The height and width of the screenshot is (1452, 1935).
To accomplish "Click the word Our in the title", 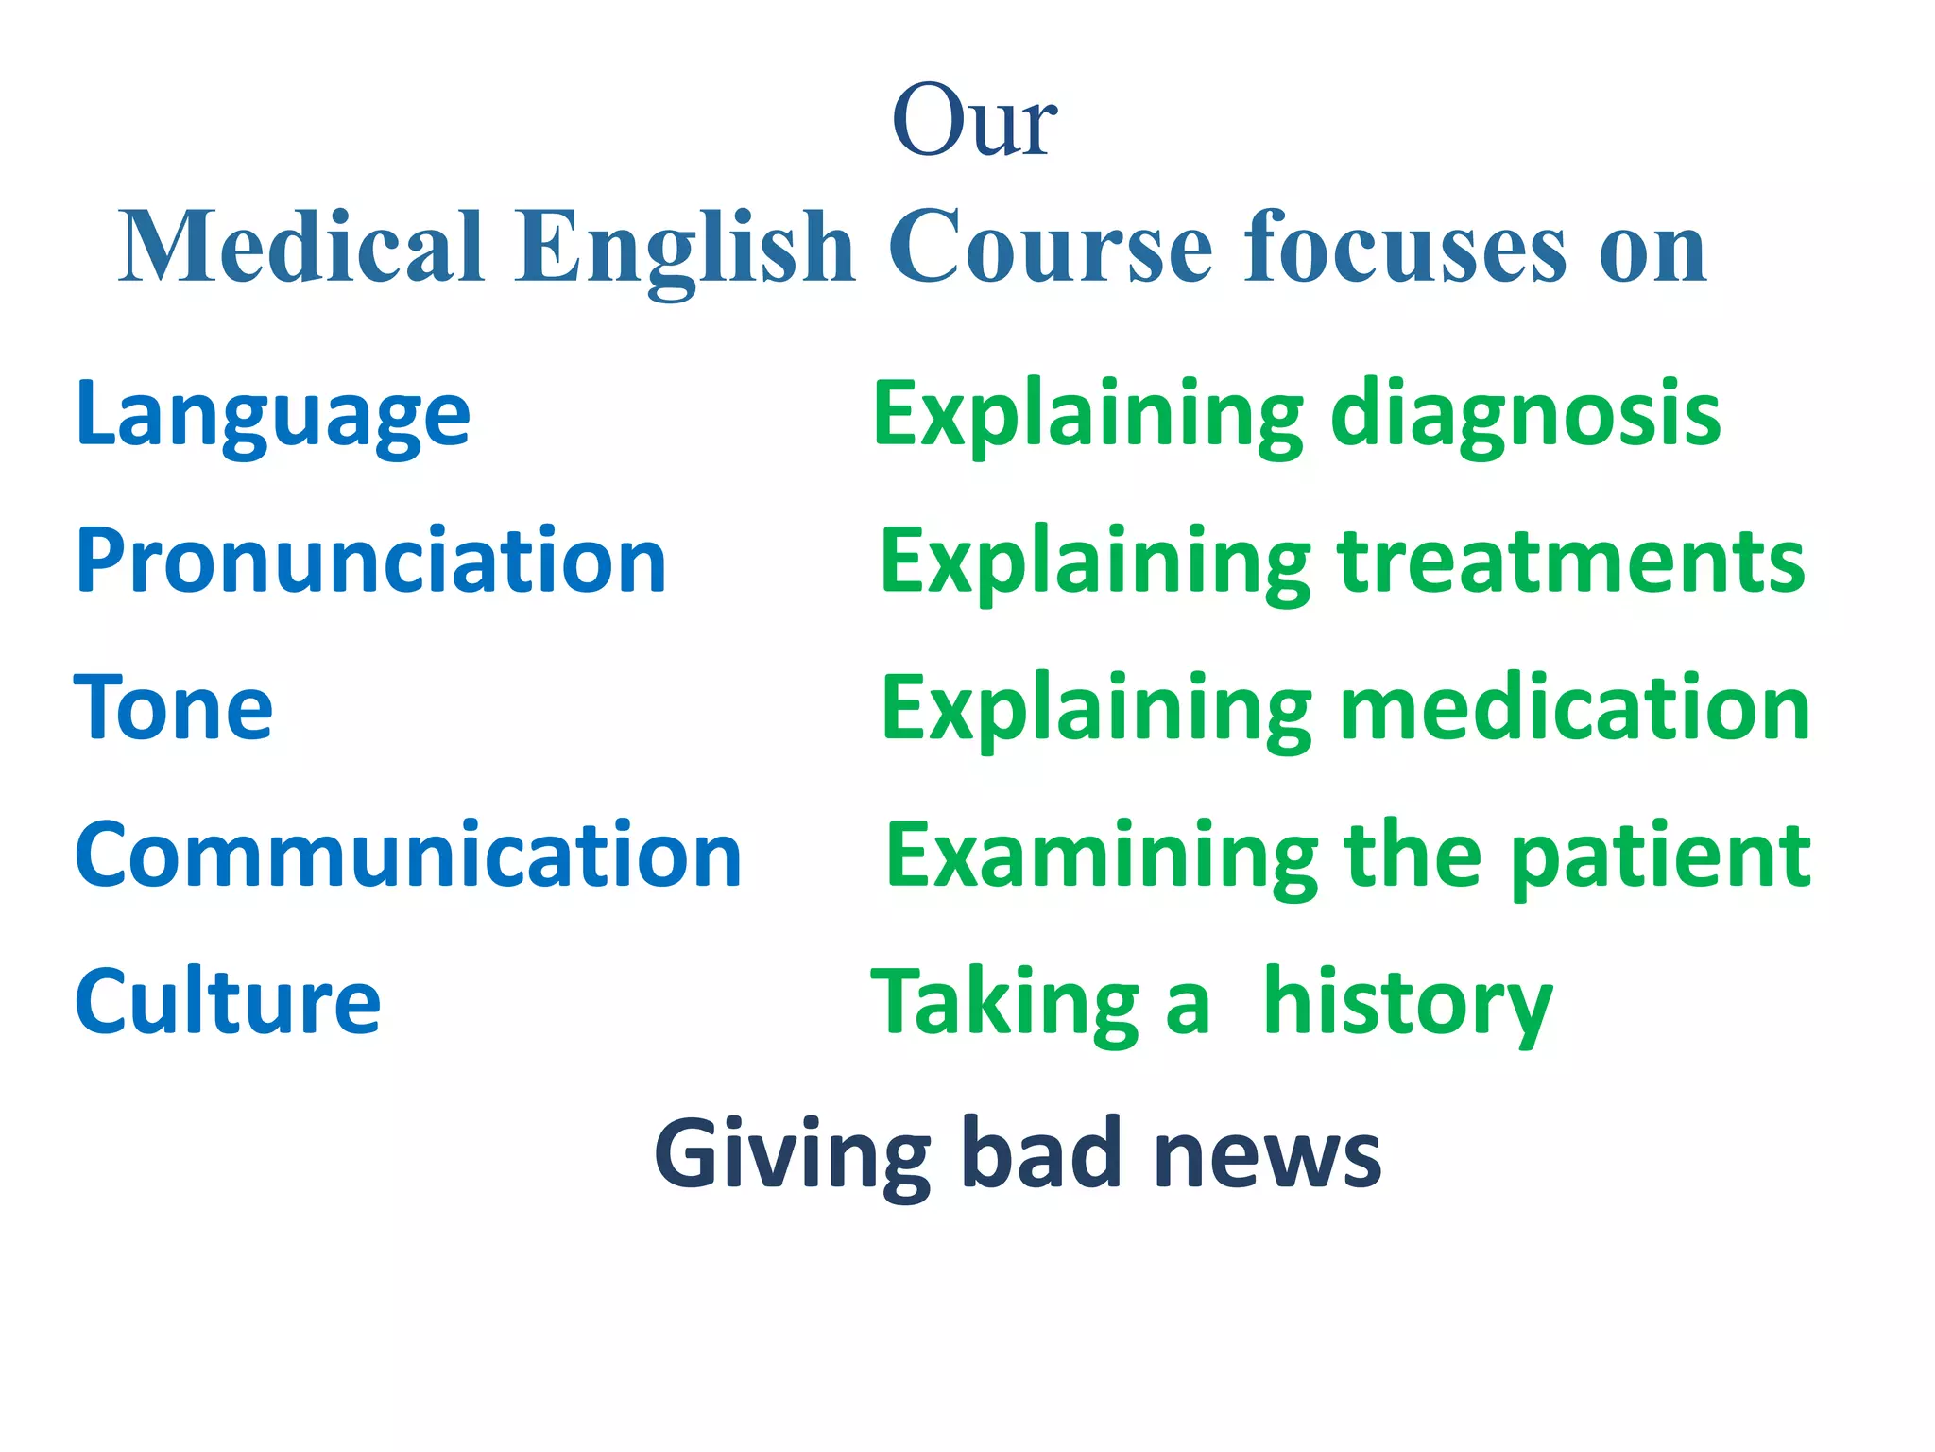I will (x=974, y=121).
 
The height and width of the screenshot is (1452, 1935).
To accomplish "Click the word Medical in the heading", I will (x=301, y=247).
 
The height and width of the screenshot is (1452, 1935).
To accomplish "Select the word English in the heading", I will (x=684, y=247).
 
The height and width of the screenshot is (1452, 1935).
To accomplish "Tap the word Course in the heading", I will (x=1050, y=247).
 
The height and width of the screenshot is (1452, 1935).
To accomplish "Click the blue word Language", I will (x=273, y=416).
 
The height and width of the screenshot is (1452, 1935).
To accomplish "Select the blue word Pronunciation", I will (x=371, y=562).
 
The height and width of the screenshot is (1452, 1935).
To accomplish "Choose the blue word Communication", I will (x=408, y=855).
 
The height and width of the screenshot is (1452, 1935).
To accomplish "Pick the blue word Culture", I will (x=228, y=1001).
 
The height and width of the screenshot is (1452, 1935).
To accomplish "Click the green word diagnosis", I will (x=1526, y=416).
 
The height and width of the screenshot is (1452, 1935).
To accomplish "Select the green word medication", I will (x=1575, y=708).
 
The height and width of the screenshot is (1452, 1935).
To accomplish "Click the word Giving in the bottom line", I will (x=793, y=1154).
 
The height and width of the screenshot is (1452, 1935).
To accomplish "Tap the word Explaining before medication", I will (x=1096, y=710).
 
